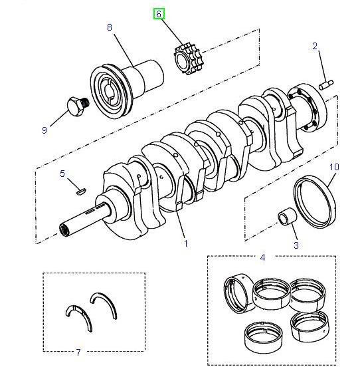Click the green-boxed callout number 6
pos(159,13)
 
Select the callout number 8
pos(110,27)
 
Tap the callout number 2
pos(315,46)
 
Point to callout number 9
pos(45,130)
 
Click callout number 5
pos(62,174)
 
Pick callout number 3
pos(296,245)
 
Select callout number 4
pos(262,257)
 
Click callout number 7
pos(78,352)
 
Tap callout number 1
pos(185,243)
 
